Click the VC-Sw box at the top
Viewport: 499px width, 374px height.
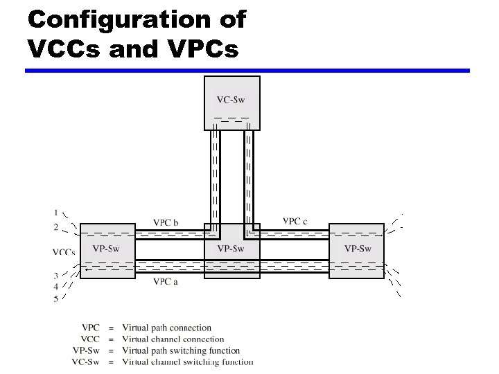(x=232, y=103)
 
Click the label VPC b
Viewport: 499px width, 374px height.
(x=166, y=222)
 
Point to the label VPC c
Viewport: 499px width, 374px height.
(x=295, y=221)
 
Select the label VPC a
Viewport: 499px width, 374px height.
(x=166, y=282)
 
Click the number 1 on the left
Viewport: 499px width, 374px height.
(x=56, y=212)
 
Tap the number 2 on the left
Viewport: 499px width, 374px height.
(x=56, y=227)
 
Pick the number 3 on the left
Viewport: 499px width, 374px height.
(x=56, y=276)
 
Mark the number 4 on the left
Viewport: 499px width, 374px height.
(x=56, y=287)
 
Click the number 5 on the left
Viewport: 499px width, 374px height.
(x=56, y=299)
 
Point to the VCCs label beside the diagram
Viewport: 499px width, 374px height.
(x=64, y=252)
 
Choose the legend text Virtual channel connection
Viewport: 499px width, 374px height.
(x=173, y=339)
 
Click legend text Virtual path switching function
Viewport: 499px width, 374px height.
(x=181, y=350)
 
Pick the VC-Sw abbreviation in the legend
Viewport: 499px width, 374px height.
(x=86, y=362)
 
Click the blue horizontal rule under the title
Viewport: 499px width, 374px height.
(x=247, y=71)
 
